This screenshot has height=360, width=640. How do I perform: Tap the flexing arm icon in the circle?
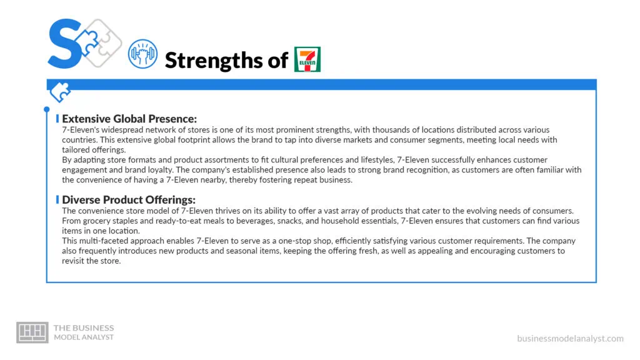pos(142,55)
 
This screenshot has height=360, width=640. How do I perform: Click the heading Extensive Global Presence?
pos(129,119)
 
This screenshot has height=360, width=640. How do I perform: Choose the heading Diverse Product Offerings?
pos(129,200)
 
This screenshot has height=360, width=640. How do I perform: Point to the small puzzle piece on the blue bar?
pos(61,92)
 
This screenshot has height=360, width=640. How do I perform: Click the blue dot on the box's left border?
pos(46,109)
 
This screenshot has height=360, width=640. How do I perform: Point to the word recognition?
pos(384,170)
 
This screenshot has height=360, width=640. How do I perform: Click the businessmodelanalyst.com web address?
pos(570,338)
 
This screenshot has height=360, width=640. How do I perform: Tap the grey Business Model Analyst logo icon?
pos(32,332)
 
